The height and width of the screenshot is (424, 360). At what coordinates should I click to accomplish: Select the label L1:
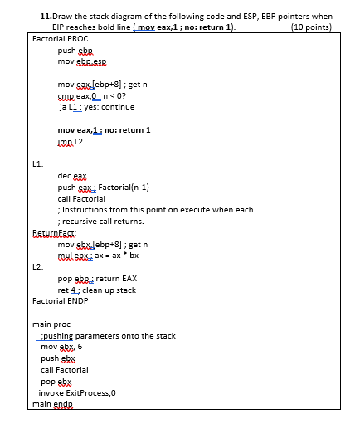pyautogui.click(x=36, y=163)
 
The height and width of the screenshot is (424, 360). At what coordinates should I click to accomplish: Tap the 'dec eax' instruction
pyautogui.click(x=72, y=176)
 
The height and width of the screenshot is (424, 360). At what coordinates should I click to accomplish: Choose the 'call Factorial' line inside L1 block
pyautogui.click(x=81, y=199)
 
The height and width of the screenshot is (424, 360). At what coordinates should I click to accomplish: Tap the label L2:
pyautogui.click(x=36, y=266)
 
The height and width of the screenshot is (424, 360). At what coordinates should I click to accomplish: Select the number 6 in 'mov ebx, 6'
pyautogui.click(x=80, y=347)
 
